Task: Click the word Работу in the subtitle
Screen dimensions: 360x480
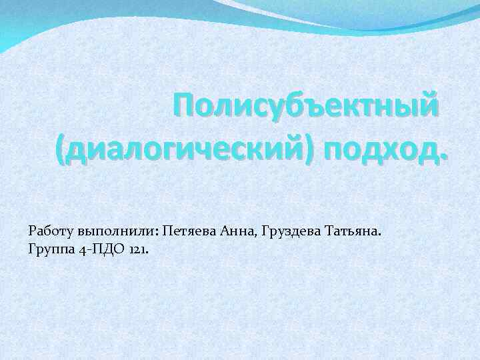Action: click(x=51, y=231)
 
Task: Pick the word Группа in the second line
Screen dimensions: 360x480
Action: click(x=50, y=249)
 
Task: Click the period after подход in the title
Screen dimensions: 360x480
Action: click(x=445, y=157)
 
